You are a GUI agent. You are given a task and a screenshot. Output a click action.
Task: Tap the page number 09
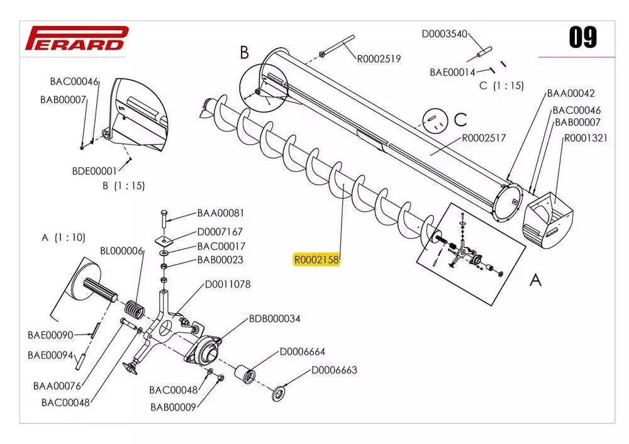tap(582, 38)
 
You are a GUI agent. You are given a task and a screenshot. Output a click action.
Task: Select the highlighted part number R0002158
tap(316, 260)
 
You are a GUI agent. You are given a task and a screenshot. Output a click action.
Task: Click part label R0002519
tap(379, 59)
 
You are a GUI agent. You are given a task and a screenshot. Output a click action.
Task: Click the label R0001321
tap(585, 138)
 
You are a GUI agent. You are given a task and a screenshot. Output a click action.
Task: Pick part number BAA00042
tap(571, 94)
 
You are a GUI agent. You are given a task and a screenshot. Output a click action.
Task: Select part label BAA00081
tap(220, 213)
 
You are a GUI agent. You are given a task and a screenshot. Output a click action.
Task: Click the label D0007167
tap(220, 232)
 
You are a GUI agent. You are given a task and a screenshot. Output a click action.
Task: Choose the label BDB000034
tap(274, 319)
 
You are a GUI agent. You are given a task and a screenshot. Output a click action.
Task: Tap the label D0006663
tap(334, 370)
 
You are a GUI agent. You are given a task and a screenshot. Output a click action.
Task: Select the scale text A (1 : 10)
tap(63, 238)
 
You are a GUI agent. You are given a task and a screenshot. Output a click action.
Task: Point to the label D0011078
tap(227, 284)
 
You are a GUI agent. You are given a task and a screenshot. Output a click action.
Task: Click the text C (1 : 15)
tap(501, 86)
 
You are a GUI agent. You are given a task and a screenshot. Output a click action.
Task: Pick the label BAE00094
tap(50, 355)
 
